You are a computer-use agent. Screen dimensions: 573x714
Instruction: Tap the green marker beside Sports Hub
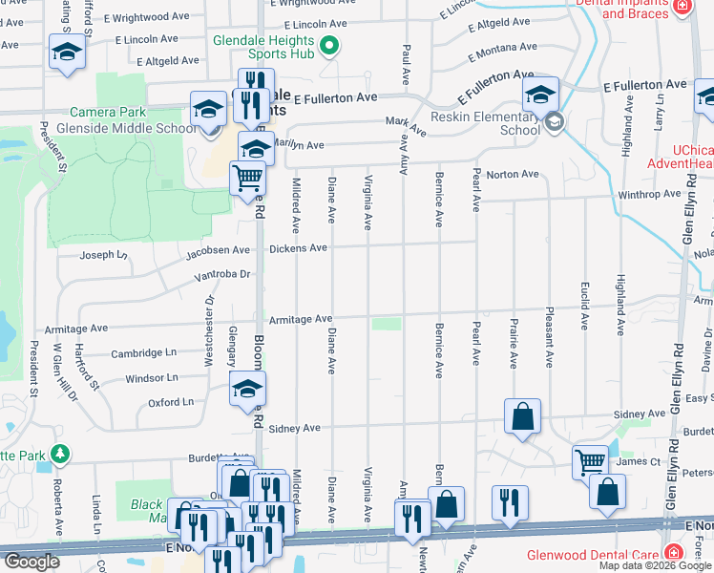[329, 45]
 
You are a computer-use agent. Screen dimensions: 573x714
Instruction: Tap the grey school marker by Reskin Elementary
[554, 121]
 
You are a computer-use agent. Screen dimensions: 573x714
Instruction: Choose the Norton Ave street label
[513, 175]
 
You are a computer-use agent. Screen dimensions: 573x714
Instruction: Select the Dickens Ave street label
[298, 248]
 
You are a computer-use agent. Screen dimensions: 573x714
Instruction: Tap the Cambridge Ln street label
[143, 352]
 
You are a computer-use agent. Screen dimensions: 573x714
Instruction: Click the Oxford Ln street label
[171, 403]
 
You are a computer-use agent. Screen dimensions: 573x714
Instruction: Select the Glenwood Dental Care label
[594, 555]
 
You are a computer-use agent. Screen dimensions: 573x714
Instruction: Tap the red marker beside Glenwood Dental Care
[674, 553]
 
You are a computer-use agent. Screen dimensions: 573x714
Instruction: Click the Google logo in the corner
[31, 562]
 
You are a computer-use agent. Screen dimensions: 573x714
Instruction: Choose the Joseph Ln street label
[102, 255]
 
